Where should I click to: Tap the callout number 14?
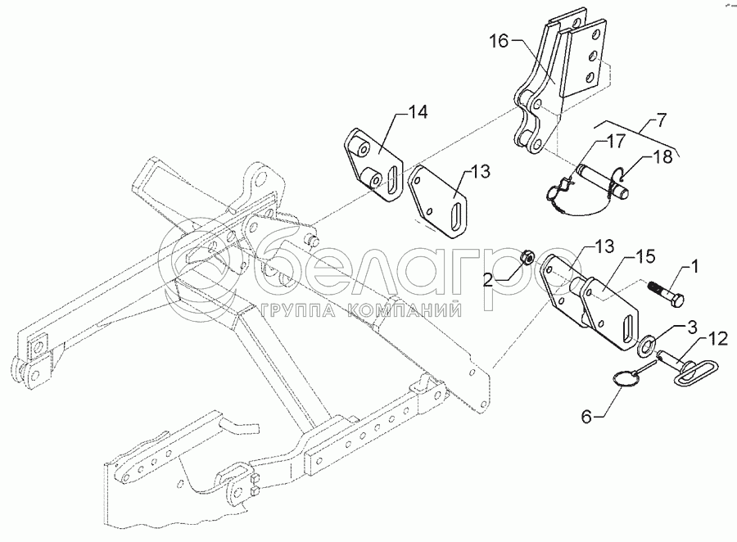[417, 113]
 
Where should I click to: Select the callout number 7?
[660, 120]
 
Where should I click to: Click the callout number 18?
[662, 157]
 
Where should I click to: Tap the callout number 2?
[488, 281]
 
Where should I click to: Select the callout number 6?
[586, 417]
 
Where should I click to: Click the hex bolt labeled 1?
[667, 294]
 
